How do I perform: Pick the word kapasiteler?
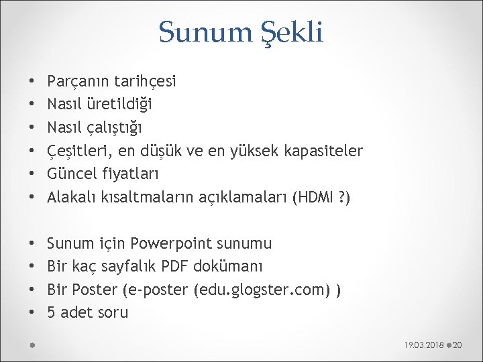[x=327, y=152]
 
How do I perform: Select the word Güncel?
[x=75, y=175]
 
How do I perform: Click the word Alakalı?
[x=73, y=198]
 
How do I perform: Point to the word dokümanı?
[x=228, y=266]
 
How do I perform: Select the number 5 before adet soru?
[x=52, y=312]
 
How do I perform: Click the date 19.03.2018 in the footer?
[x=425, y=345]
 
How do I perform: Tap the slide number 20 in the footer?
[x=459, y=345]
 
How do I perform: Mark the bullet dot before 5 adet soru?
[x=34, y=313]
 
